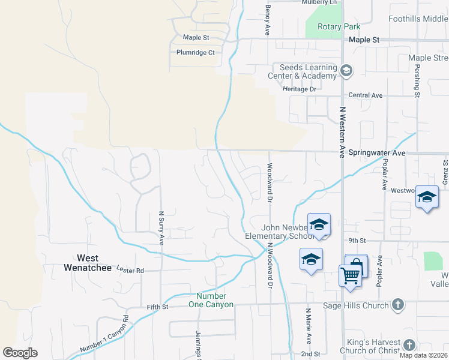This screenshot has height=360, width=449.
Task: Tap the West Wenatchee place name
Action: tap(88, 263)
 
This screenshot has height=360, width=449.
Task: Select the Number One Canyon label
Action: tap(211, 300)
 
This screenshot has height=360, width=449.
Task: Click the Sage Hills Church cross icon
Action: tap(397, 305)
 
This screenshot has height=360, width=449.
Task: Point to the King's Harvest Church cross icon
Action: tap(409, 345)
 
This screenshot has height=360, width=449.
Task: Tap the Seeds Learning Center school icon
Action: tap(346, 71)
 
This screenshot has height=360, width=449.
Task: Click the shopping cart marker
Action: tap(351, 275)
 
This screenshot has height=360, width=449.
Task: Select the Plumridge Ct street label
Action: tap(195, 53)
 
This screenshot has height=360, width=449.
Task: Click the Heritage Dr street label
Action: tap(299, 89)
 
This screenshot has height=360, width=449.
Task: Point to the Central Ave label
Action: tap(365, 95)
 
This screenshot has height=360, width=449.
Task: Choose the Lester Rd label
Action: tap(130, 271)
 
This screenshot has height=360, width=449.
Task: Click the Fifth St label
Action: tap(158, 307)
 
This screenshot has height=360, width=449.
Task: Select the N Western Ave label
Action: tap(343, 133)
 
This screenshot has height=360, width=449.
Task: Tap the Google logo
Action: tap(20, 353)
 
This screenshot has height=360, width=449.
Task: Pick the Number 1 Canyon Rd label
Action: tap(104, 334)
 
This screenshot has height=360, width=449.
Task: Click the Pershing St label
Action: tap(417, 78)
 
